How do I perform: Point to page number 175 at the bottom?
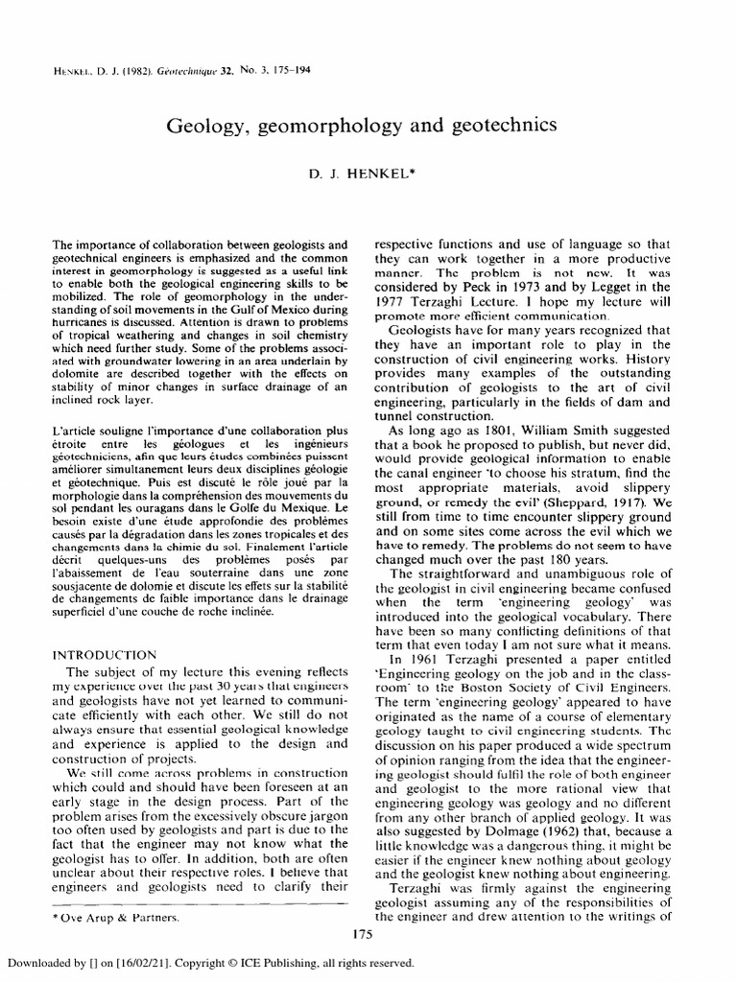pos(362,933)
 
